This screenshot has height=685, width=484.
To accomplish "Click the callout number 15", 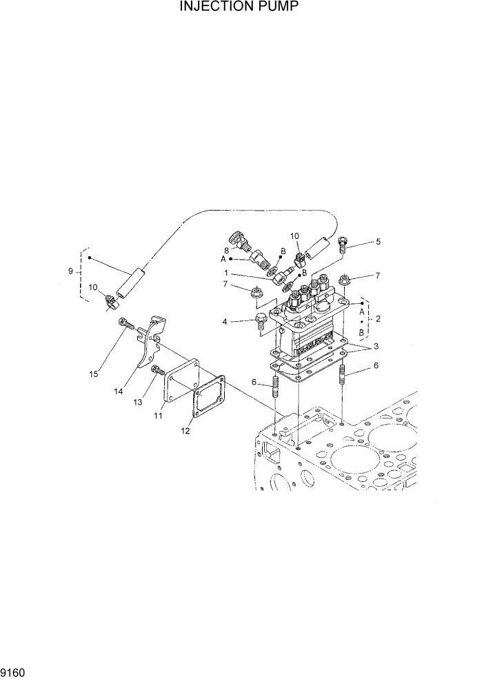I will pos(94,374).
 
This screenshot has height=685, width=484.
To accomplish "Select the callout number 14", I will pos(119,391).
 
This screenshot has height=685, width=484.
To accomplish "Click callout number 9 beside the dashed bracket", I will pos(71,271).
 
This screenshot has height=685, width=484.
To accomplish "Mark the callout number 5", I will pos(377,242).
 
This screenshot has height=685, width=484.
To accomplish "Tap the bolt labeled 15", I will pos(125,322).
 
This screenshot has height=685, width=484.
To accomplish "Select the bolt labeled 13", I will pos(156,371).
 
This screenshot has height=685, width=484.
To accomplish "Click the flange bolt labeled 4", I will pos(261,319).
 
